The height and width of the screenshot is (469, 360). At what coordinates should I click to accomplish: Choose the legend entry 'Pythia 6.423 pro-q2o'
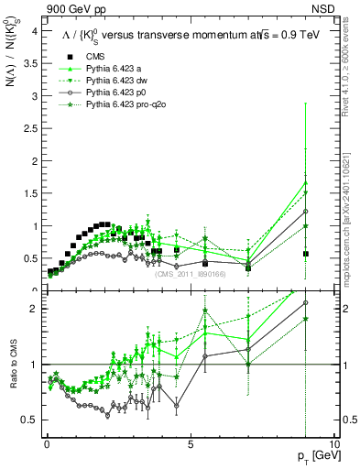coord(127,104)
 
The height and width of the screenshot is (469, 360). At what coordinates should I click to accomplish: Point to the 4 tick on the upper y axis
coord(34,30)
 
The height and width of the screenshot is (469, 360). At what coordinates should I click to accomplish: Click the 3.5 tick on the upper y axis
coord(30,63)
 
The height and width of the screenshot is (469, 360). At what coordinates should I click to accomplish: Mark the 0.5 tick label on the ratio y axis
coord(30,420)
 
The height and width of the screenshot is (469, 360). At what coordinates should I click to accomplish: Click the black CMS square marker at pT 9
coord(305,254)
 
